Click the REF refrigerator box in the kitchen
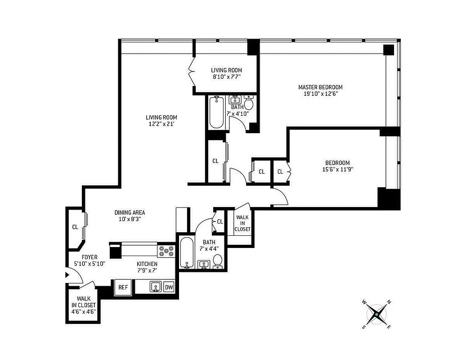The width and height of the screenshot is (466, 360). [123, 287]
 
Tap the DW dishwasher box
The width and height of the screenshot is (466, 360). [169, 287]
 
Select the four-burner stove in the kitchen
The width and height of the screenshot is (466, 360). [166, 252]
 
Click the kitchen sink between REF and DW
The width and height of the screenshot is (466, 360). [156, 287]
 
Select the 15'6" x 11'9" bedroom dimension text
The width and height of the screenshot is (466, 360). [338, 170]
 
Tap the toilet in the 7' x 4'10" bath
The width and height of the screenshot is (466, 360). [248, 103]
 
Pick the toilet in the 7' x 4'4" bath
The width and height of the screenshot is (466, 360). [218, 261]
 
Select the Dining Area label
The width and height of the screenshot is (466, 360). [130, 212]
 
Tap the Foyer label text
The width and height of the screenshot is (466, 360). [89, 257]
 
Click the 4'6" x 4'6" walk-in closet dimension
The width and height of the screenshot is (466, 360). [83, 311]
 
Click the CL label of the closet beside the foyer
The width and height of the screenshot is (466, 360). [75, 227]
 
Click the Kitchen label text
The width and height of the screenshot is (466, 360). [147, 264]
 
